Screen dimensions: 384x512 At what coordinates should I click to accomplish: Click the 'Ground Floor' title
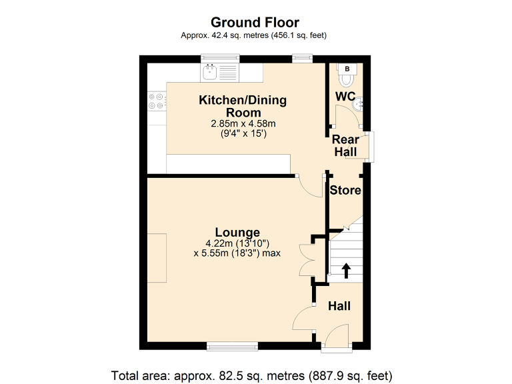255,22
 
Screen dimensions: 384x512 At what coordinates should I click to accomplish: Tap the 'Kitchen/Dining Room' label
243,106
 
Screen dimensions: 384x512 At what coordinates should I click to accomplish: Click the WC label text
345,97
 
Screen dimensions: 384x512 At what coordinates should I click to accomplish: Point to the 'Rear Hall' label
345,145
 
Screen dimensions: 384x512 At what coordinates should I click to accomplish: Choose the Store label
345,190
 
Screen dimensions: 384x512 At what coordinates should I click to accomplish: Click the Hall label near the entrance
339,306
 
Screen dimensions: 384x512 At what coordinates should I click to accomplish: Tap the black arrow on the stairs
346,270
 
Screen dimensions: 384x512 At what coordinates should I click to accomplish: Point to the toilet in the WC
346,80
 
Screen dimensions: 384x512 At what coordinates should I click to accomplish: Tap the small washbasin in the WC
359,103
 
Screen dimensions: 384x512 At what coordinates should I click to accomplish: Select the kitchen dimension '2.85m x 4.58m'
243,124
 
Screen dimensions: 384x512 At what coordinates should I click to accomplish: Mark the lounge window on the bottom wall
232,345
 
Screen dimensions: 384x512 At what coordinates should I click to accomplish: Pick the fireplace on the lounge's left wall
157,258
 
